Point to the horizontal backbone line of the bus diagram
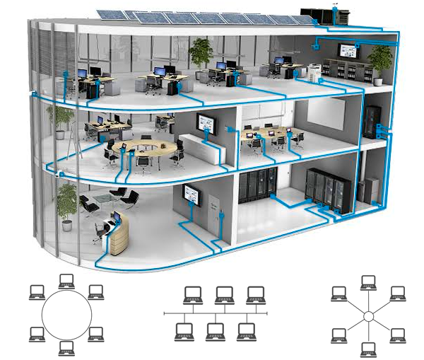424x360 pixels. [x=216, y=312]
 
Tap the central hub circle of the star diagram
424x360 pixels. [x=367, y=316]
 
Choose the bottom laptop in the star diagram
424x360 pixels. [x=368, y=349]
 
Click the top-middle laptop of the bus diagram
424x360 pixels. [x=223, y=294]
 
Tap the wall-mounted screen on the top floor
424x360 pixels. [x=348, y=51]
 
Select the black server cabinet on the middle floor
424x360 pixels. [x=370, y=121]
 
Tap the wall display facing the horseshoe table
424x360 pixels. [x=207, y=124]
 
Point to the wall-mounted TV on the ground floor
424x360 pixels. [x=192, y=193]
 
